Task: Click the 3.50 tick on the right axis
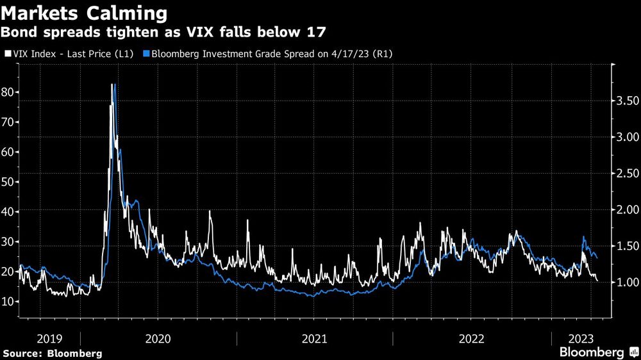(x=627, y=101)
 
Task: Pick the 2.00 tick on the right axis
(x=627, y=210)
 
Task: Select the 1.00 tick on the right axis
(x=627, y=282)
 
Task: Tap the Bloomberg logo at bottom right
(x=596, y=352)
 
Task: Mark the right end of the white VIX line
(x=597, y=280)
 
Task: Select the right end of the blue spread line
(x=598, y=258)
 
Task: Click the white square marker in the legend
(x=8, y=54)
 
